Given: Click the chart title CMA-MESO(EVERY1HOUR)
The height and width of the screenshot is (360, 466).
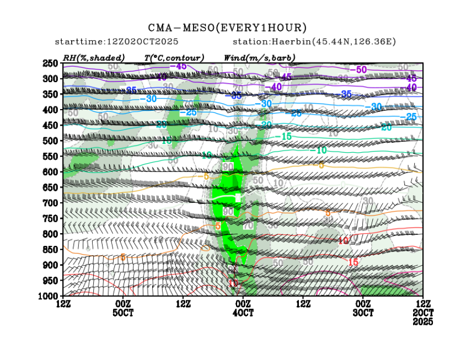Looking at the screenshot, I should (x=227, y=28).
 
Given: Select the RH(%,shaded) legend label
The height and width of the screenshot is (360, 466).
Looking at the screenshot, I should (x=94, y=57).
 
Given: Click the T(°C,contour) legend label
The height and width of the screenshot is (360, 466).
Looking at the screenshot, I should (x=174, y=57).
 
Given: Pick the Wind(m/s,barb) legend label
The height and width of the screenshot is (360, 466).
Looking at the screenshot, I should (x=259, y=57).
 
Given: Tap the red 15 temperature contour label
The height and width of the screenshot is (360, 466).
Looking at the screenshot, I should (x=353, y=262).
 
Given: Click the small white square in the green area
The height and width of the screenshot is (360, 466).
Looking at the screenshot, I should (x=238, y=197).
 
